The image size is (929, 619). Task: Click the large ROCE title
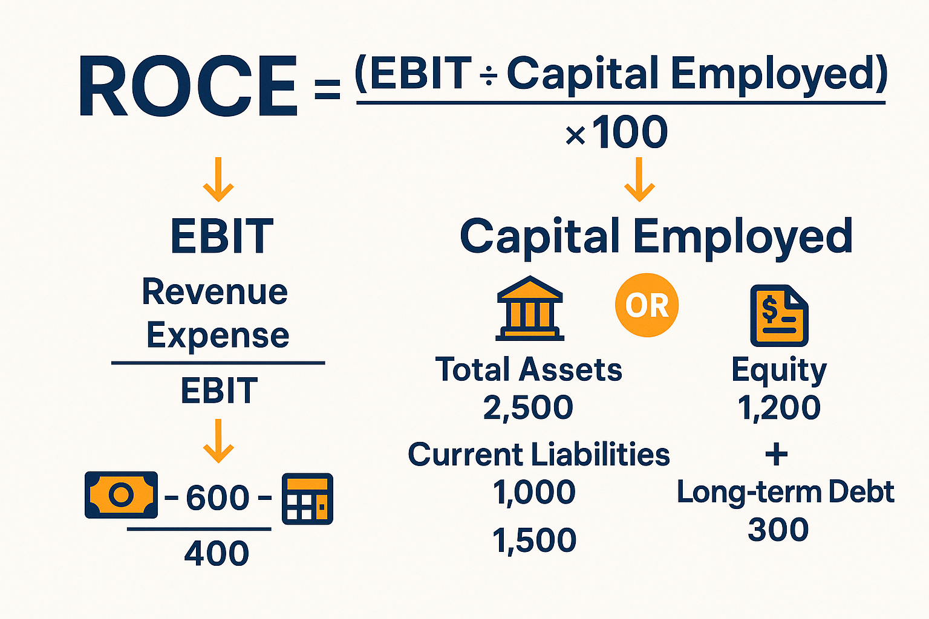[x=188, y=86]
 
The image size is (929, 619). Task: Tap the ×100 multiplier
[x=617, y=132]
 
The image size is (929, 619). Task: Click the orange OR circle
[x=647, y=305]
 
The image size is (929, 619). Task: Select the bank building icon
[x=530, y=308]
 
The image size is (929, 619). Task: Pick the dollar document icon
[x=779, y=316]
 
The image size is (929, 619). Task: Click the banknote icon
[x=121, y=494]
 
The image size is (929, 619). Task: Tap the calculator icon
[x=307, y=499]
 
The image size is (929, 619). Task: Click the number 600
[x=217, y=497]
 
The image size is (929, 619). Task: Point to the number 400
[x=217, y=553]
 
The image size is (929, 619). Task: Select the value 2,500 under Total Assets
[x=528, y=408]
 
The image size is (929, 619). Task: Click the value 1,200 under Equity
[x=779, y=408]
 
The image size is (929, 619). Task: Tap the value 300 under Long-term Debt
[x=778, y=530]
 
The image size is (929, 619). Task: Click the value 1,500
[x=534, y=540]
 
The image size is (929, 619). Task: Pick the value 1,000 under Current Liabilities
[x=534, y=493]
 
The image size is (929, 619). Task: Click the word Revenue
[x=215, y=292]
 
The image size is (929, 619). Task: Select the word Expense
[x=218, y=337]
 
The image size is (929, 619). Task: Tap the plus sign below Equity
[x=777, y=455]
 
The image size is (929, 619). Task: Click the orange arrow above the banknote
[x=218, y=441]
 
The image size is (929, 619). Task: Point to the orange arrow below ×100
[x=639, y=180]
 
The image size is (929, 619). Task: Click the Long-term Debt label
[x=786, y=493]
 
